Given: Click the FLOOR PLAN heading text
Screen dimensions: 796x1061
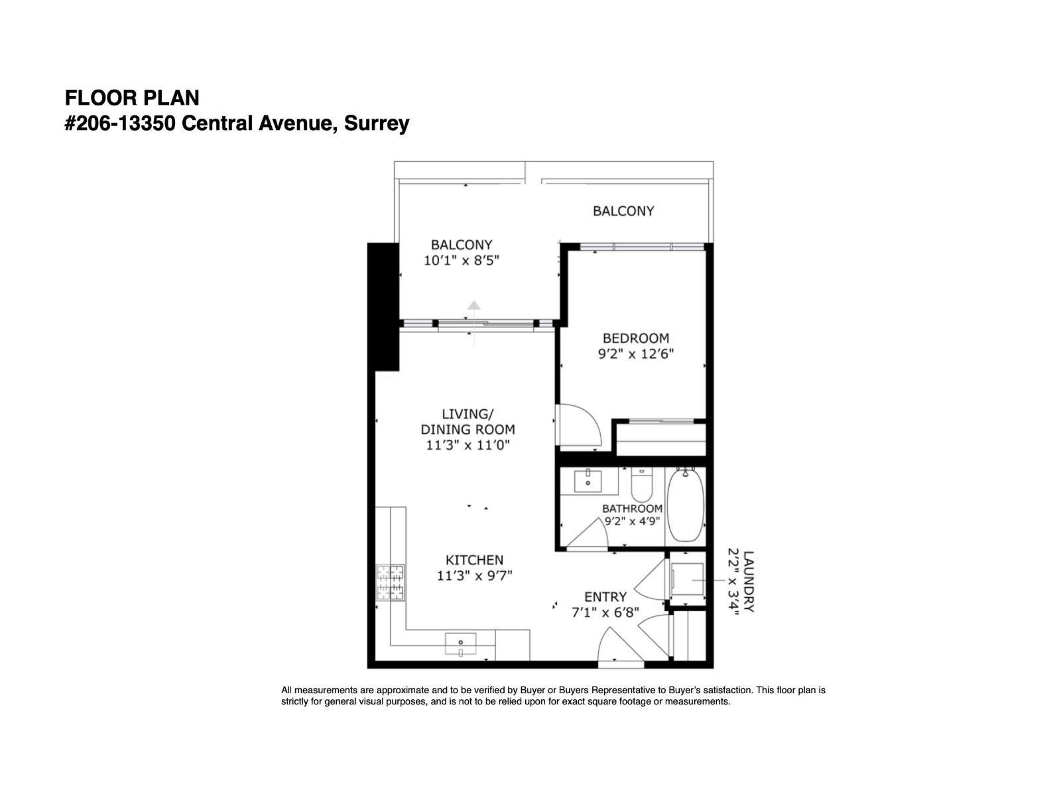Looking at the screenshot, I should (x=131, y=98).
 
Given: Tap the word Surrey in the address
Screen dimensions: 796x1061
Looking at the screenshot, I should (x=376, y=123).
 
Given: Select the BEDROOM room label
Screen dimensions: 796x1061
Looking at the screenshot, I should (x=635, y=338).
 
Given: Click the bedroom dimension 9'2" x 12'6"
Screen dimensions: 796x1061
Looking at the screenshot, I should (x=635, y=354).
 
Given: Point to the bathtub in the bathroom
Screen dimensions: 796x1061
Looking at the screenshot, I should (x=685, y=505).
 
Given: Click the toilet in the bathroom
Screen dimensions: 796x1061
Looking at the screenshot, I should (x=641, y=486).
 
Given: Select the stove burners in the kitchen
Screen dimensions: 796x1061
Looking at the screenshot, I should (x=391, y=582).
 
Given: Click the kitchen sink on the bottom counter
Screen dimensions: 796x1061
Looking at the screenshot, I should (x=461, y=643).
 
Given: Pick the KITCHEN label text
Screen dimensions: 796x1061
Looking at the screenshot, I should (x=474, y=560).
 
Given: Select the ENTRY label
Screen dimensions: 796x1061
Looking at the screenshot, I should (x=605, y=596).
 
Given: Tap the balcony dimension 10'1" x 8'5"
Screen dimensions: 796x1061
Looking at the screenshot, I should (x=461, y=261).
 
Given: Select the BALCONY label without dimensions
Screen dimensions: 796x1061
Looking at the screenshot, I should (x=623, y=211).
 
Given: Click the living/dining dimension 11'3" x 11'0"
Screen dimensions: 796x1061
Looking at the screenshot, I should (x=468, y=445).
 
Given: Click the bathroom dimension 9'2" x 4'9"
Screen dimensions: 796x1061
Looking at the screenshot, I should (x=632, y=521).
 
